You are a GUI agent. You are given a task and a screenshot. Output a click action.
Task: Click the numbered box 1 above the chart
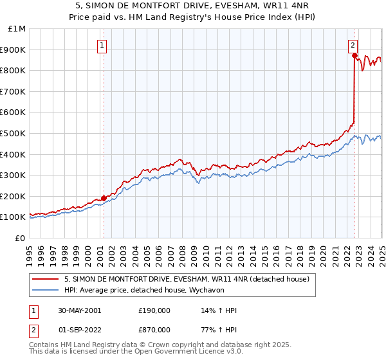pos(103,45)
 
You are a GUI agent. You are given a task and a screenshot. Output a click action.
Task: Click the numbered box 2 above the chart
pos(353,45)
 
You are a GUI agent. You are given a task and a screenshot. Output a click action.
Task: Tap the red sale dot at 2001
pos(104,198)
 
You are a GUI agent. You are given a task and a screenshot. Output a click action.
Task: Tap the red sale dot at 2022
pos(354,55)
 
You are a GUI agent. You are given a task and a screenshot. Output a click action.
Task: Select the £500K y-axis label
pos(14,133)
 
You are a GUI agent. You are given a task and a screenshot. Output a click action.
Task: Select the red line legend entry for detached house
pos(187,279)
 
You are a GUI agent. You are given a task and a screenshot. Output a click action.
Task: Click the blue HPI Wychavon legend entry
pos(151,290)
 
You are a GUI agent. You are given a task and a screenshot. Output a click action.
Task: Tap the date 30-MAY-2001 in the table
pos(79,310)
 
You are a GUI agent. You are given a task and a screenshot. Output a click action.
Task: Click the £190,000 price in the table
pos(154,310)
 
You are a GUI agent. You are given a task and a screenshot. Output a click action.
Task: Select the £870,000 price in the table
pos(154,330)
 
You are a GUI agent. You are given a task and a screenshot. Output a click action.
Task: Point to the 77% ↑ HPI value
pos(219,330)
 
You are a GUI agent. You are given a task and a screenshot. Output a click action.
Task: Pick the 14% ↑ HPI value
pos(219,310)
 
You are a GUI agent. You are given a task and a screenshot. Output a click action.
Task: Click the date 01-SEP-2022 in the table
pos(79,330)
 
